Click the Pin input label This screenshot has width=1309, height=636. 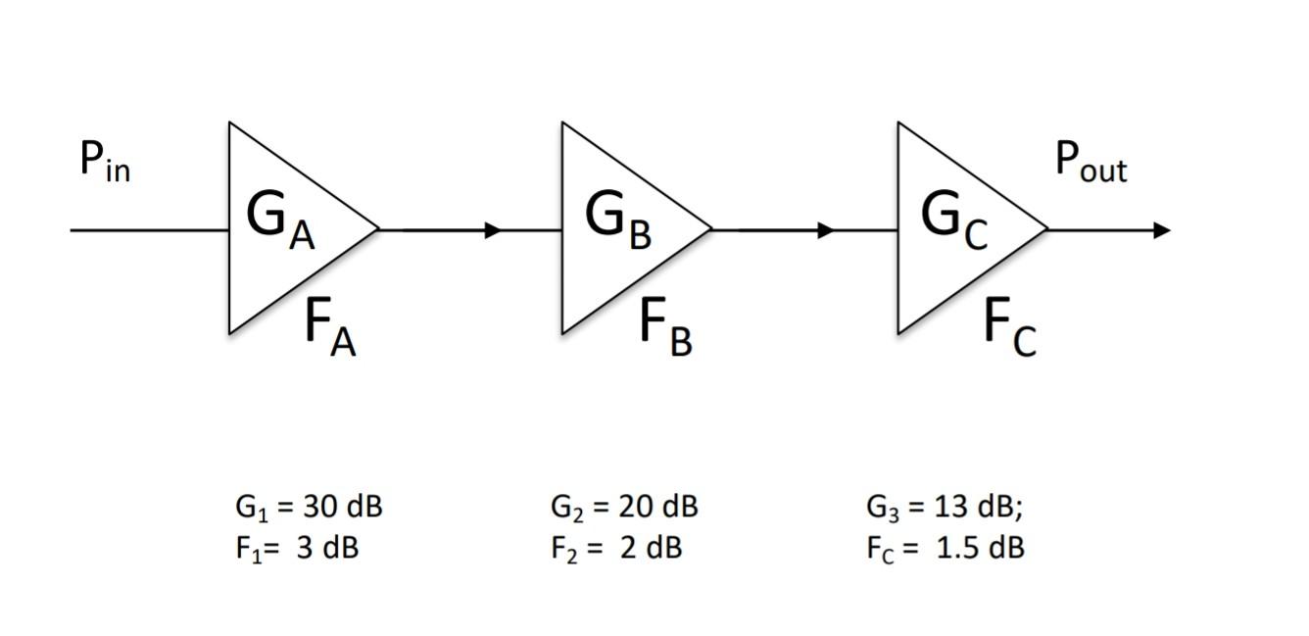coord(104,162)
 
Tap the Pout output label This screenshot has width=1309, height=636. coord(1091,162)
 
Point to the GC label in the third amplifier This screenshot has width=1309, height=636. coord(953,220)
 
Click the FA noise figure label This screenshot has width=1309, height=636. coord(330,326)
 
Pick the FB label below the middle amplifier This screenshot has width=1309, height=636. coord(665,326)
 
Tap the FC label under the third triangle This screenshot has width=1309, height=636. coord(1009,326)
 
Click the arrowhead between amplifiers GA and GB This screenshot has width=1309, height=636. coord(493,230)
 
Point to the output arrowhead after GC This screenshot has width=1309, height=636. coord(1162,230)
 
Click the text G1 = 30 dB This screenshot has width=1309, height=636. coord(308,508)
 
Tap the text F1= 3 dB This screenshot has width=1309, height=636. coord(296,548)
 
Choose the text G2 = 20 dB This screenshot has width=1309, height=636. coord(624,508)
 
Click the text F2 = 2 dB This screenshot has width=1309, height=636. coord(615,548)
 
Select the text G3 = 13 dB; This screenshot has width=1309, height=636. coord(945,508)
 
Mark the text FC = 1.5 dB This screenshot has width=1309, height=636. coord(945,548)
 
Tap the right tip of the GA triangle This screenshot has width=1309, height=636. coord(377,229)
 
